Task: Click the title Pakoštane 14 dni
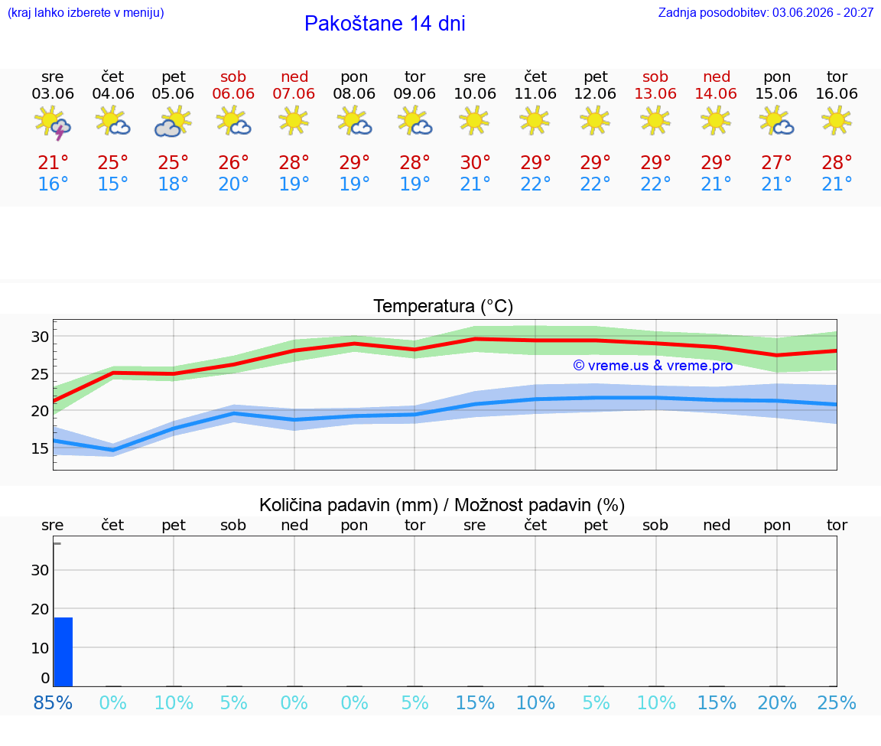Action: pyautogui.click(x=385, y=24)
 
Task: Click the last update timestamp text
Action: pyautogui.click(x=766, y=13)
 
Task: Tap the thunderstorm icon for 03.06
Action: pyautogui.click(x=53, y=122)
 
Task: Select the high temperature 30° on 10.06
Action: pyautogui.click(x=476, y=162)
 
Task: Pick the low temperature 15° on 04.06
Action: pyautogui.click(x=113, y=184)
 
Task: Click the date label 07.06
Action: pyautogui.click(x=294, y=94)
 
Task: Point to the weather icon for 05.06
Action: pyautogui.click(x=173, y=122)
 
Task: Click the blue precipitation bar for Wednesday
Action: pyautogui.click(x=63, y=652)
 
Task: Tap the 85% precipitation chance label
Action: pyautogui.click(x=53, y=702)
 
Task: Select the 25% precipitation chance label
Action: pyautogui.click(x=837, y=702)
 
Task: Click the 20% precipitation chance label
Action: pyautogui.click(x=777, y=702)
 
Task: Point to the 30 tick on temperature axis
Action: pyautogui.click(x=40, y=337)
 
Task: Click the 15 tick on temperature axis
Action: pyautogui.click(x=40, y=448)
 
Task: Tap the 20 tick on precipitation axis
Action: pyautogui.click(x=40, y=609)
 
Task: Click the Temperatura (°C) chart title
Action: pyautogui.click(x=444, y=306)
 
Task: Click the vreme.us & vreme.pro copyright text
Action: pyautogui.click(x=653, y=366)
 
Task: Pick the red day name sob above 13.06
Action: pyautogui.click(x=655, y=77)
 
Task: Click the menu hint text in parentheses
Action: pyautogui.click(x=86, y=13)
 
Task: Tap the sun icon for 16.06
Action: pyautogui.click(x=837, y=121)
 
